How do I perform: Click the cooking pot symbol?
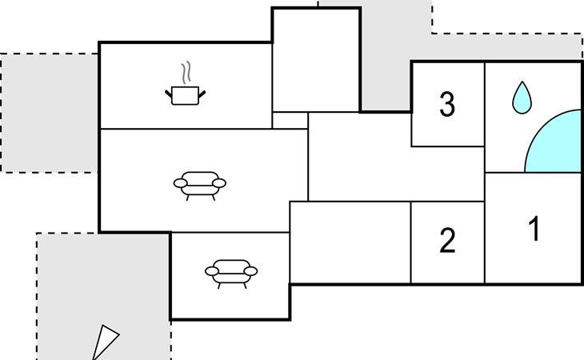[186, 96]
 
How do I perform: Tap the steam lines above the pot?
[186, 74]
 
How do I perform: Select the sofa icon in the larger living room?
[199, 183]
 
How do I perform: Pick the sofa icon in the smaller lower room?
[231, 270]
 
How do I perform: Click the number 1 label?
[534, 230]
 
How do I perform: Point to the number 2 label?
[447, 240]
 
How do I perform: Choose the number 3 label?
[447, 103]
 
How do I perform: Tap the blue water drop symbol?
[522, 97]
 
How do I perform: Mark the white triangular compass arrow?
[104, 342]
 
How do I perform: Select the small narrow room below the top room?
[290, 120]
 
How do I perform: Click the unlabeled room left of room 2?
[350, 242]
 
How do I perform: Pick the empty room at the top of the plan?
[316, 60]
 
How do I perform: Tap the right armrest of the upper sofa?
[219, 183]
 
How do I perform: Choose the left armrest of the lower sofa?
[212, 271]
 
